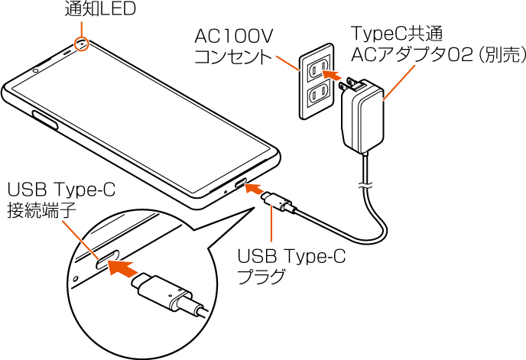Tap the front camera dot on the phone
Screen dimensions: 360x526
[35, 72]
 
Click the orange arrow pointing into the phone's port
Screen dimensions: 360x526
[255, 189]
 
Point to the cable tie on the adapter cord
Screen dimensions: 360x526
[365, 185]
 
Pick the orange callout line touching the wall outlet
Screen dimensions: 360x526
[287, 63]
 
